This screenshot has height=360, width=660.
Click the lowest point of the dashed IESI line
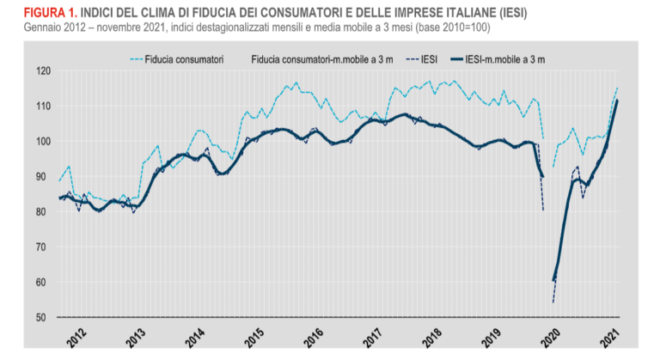pyautogui.click(x=553, y=302)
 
